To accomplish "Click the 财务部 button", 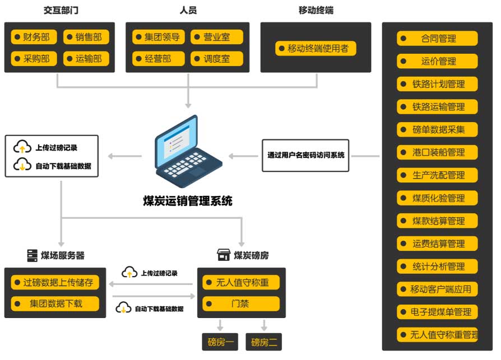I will [x=34, y=38].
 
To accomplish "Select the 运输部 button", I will [x=86, y=58].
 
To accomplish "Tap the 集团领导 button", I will [x=159, y=38].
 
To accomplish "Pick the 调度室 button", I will [x=216, y=58].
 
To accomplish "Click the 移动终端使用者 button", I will [x=316, y=48].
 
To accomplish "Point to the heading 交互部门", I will [x=60, y=10].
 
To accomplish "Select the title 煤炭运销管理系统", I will [x=187, y=200].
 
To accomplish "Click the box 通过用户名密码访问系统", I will [x=305, y=155].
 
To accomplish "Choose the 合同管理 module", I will [x=438, y=39].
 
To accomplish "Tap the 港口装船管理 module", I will [x=438, y=152].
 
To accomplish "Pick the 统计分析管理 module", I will [x=438, y=267].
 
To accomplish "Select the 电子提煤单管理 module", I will [x=438, y=312].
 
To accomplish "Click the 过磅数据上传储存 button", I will [x=55, y=282].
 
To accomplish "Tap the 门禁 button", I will [x=241, y=304].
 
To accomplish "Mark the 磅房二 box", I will [x=264, y=342].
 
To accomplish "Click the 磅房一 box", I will [x=220, y=342].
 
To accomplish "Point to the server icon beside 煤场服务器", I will [x=33, y=255].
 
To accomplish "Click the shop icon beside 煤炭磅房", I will [x=224, y=255].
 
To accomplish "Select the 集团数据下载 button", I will [x=55, y=304].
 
